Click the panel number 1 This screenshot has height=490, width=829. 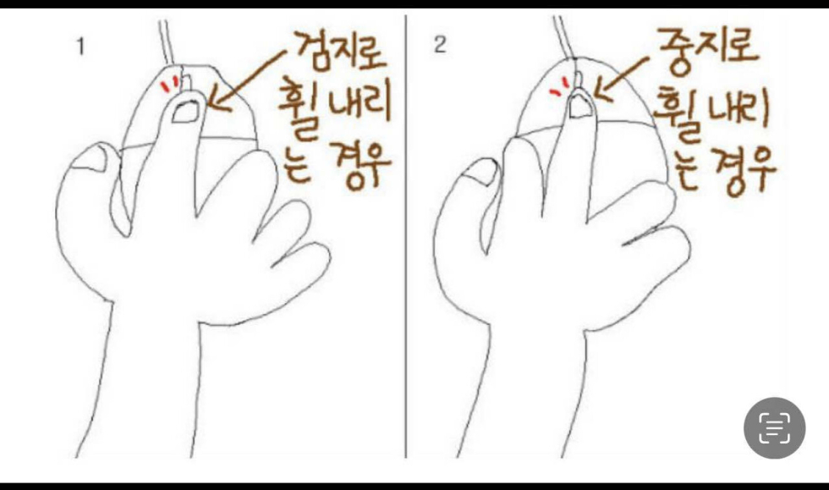click(x=81, y=47)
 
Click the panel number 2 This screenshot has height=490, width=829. click(x=440, y=45)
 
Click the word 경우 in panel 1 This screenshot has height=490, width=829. click(x=360, y=166)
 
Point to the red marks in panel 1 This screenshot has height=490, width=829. click(x=170, y=84)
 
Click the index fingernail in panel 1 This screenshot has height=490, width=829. click(x=185, y=112)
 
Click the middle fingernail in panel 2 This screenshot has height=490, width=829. click(x=579, y=105)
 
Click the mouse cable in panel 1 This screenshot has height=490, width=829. click(x=166, y=42)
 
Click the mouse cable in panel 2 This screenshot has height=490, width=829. click(x=565, y=36)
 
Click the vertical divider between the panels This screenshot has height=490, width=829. click(x=405, y=236)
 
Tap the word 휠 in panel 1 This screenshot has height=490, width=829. click(x=299, y=108)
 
